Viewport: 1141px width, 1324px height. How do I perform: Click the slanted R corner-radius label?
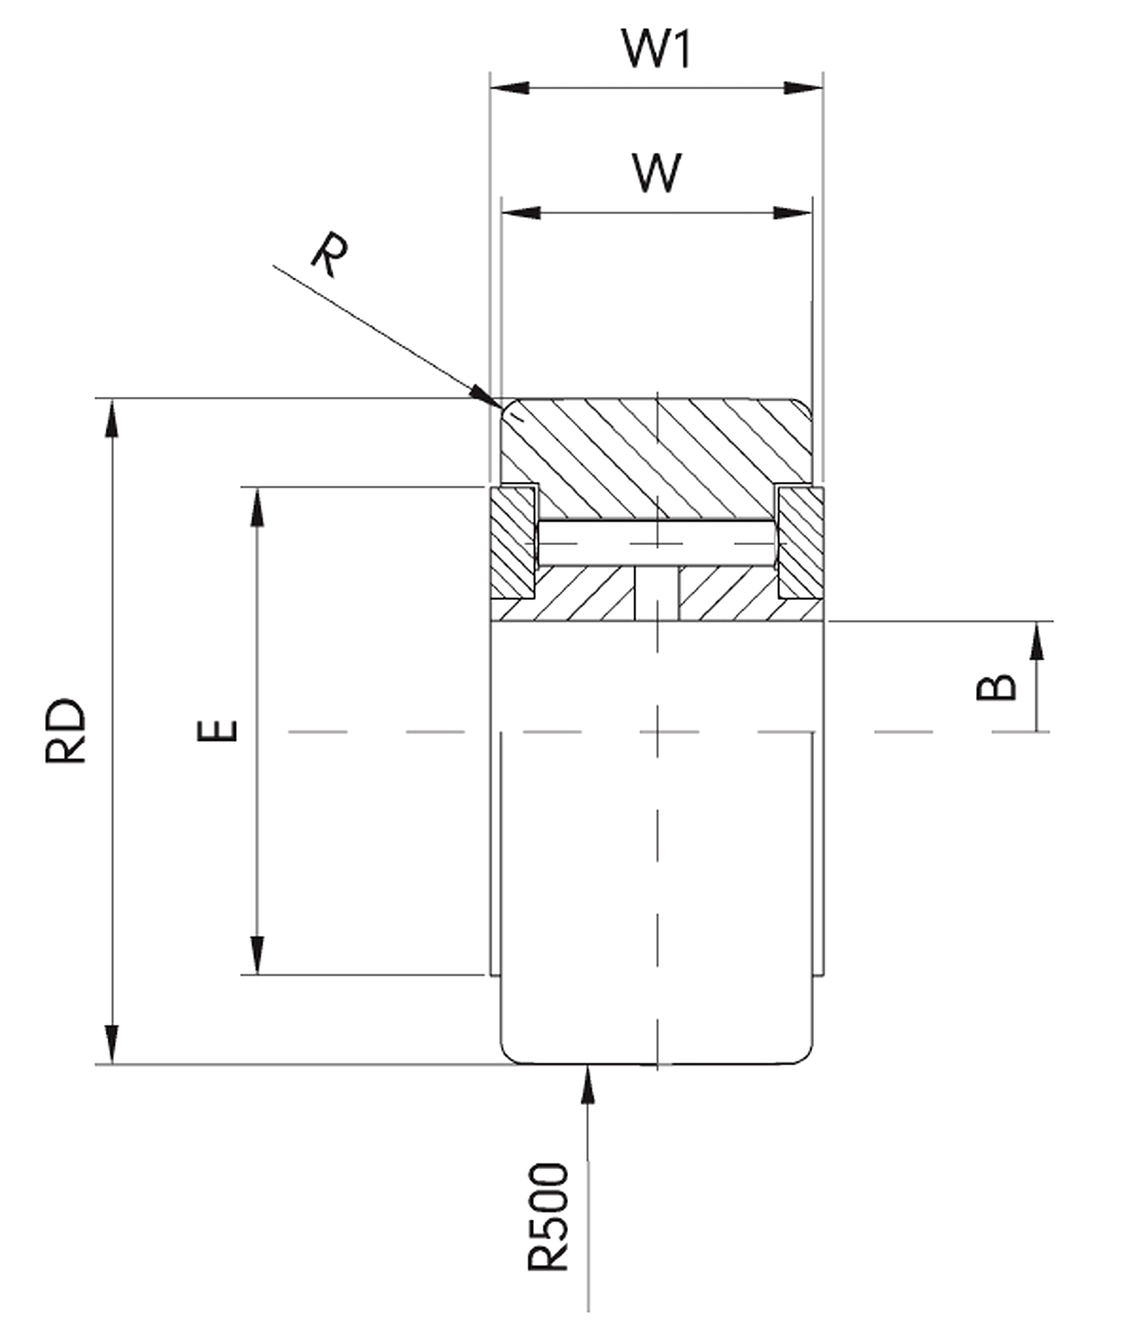click(x=330, y=254)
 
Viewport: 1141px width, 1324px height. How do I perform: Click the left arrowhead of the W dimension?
click(x=521, y=213)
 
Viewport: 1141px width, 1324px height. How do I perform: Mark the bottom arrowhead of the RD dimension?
click(x=112, y=1044)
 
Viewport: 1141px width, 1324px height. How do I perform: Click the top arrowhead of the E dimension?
click(x=257, y=508)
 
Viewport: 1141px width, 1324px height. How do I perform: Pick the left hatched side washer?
click(x=512, y=543)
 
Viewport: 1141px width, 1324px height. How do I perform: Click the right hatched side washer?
click(x=800, y=543)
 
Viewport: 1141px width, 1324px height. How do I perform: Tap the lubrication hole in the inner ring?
click(x=657, y=594)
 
